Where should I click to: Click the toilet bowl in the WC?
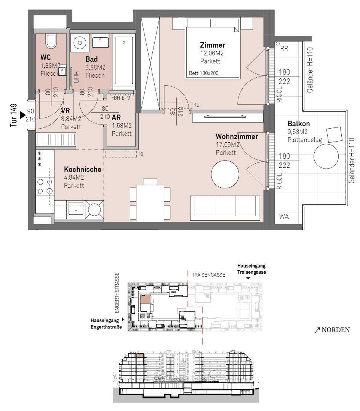click(x=51, y=41)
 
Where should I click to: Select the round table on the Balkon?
click(x=326, y=156)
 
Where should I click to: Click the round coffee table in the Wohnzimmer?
click(x=225, y=174)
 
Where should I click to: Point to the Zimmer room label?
click(x=213, y=45)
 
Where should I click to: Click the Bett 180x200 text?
click(x=203, y=73)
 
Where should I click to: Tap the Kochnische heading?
click(x=83, y=169)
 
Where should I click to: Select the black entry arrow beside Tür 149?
click(x=23, y=115)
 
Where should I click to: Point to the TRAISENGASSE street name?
click(x=208, y=275)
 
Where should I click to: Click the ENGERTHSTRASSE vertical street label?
click(x=117, y=293)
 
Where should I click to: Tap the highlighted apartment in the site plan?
click(x=145, y=299)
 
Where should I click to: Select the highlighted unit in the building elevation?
click(x=139, y=356)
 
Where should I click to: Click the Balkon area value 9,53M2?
click(x=298, y=132)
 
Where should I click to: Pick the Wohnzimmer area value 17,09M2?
click(x=227, y=145)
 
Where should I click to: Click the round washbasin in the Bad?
click(x=79, y=42)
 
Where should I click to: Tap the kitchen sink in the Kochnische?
click(x=75, y=210)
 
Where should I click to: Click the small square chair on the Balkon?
click(x=334, y=134)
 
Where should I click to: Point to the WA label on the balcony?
click(x=284, y=217)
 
